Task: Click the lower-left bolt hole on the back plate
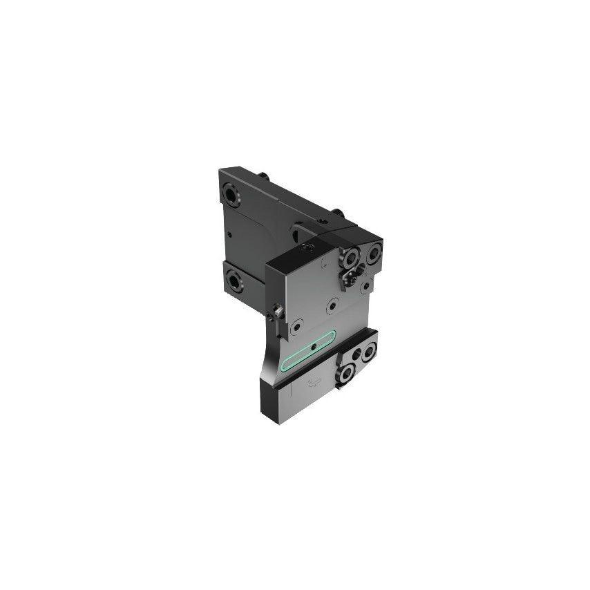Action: pos(235,281)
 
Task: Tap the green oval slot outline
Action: pos(309,350)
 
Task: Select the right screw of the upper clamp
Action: pos(373,255)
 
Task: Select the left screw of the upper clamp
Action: pos(351,258)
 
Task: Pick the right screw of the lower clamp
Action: pos(369,352)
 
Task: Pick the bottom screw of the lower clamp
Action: pos(345,374)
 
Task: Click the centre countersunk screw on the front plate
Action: pos(332,303)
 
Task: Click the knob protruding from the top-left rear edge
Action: pos(263,176)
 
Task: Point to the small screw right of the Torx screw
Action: pos(364,284)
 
